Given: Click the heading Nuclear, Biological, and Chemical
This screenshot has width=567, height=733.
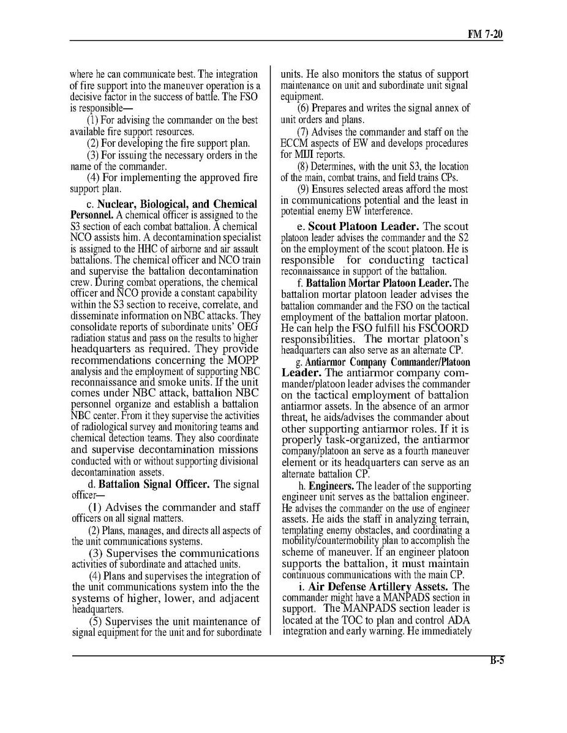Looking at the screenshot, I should coord(177,204).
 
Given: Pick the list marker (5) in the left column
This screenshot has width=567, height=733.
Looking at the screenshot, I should coord(96,621).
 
